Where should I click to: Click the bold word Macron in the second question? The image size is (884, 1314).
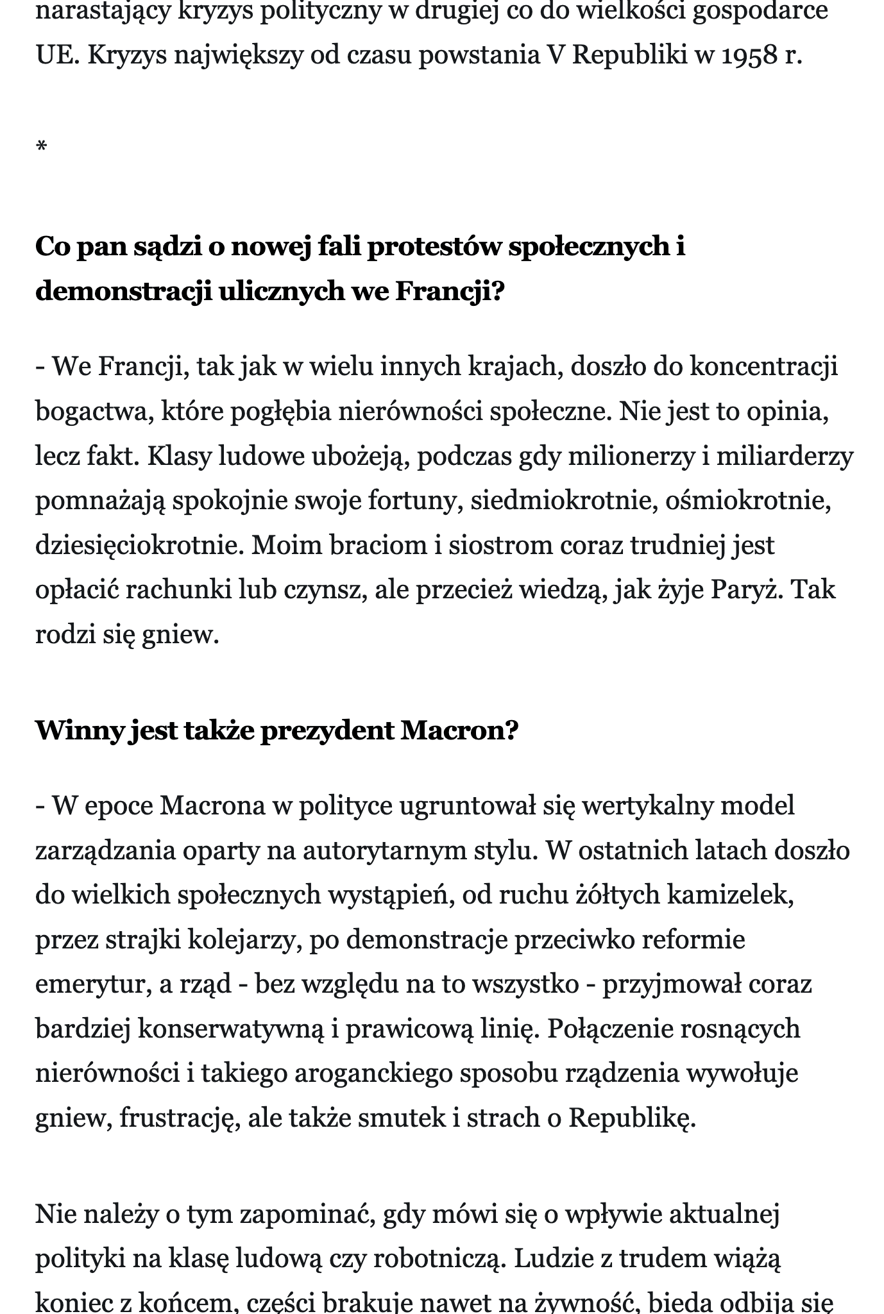point(459,730)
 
